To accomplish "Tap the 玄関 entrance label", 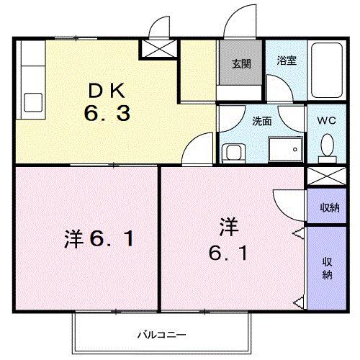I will (x=240, y=63).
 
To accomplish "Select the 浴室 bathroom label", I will (x=287, y=60).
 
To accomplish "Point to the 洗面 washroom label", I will (x=261, y=121).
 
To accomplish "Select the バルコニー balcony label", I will (x=163, y=335).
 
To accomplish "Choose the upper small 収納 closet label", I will (x=329, y=207).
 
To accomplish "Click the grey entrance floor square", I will (x=240, y=67).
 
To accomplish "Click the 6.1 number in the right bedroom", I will (x=229, y=253).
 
